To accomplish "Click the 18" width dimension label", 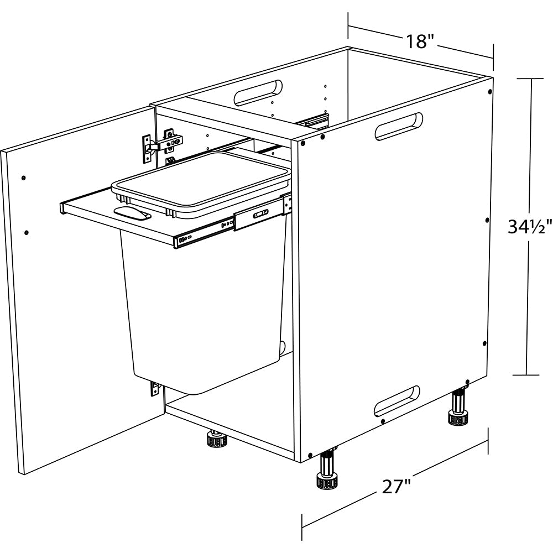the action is tap(420, 41).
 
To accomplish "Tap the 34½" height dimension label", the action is tap(529, 227).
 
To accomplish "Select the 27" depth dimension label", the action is tap(397, 487).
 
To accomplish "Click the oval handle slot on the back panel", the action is tap(258, 93).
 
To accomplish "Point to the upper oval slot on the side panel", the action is tap(399, 126).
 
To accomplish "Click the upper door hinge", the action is tap(163, 144).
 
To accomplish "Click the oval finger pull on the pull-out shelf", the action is tap(132, 213).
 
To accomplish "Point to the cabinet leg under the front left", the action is tap(216, 439).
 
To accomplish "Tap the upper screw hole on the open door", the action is tap(23, 178).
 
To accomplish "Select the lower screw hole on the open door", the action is tap(27, 232).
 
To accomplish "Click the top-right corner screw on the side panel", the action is tap(490, 92).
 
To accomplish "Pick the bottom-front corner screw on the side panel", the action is tap(310, 455).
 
